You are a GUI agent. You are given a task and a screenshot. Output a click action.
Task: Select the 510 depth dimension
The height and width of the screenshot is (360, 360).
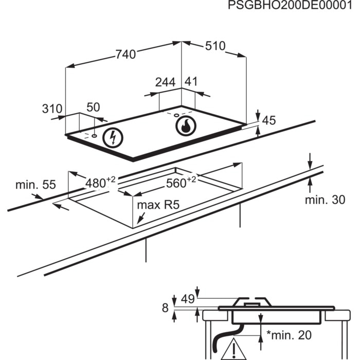(215, 46)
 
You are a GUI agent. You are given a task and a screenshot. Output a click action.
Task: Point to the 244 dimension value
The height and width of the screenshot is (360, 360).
(165, 82)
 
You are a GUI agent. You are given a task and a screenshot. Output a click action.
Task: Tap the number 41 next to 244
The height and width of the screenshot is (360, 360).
(191, 82)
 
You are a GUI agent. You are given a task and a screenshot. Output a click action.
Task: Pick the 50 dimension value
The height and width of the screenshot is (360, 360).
(93, 107)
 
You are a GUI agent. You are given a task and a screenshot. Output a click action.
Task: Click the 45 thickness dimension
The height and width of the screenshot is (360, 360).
(269, 121)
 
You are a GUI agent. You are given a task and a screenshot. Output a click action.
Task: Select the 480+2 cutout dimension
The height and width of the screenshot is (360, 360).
(101, 182)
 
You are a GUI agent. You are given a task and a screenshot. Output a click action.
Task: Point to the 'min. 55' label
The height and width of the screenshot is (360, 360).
(35, 185)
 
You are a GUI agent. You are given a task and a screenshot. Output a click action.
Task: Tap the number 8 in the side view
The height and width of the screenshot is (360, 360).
(165, 308)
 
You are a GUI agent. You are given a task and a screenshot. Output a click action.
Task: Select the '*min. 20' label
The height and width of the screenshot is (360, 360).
(289, 335)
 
